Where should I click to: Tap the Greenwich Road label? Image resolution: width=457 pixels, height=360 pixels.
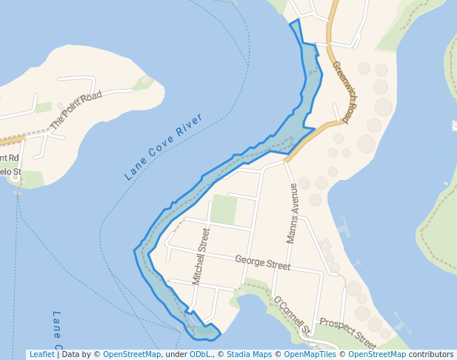point(345,91)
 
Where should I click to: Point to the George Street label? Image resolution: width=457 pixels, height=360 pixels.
point(262,262)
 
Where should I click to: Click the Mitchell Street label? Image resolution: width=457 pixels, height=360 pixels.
point(201,256)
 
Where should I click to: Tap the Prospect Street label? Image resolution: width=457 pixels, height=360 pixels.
point(347,333)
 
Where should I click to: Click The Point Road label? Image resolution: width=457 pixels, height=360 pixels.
point(76,110)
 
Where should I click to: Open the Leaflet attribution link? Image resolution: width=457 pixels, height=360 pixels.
point(41,355)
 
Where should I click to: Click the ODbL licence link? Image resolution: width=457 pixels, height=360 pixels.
point(200,355)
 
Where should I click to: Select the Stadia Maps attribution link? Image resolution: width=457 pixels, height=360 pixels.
point(249,355)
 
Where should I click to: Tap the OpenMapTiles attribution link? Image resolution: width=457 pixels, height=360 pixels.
point(310,355)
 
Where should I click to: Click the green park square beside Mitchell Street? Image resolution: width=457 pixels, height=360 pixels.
point(223,210)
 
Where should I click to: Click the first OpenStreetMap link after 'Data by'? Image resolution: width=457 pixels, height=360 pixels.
point(131,355)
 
